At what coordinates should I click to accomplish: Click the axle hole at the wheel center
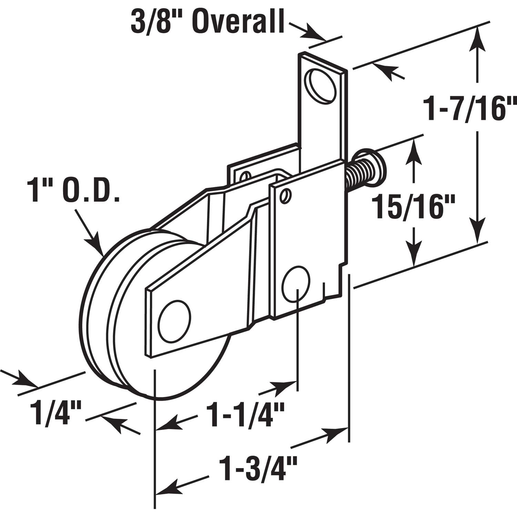pos(174,321)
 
